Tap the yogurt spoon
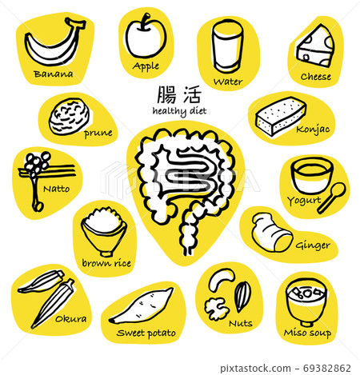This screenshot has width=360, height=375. point(331,197)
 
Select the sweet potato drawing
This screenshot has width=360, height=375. point(143,306)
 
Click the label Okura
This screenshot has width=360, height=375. point(71,318)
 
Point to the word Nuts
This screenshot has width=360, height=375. point(239,324)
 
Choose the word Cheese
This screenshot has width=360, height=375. point(315,78)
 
